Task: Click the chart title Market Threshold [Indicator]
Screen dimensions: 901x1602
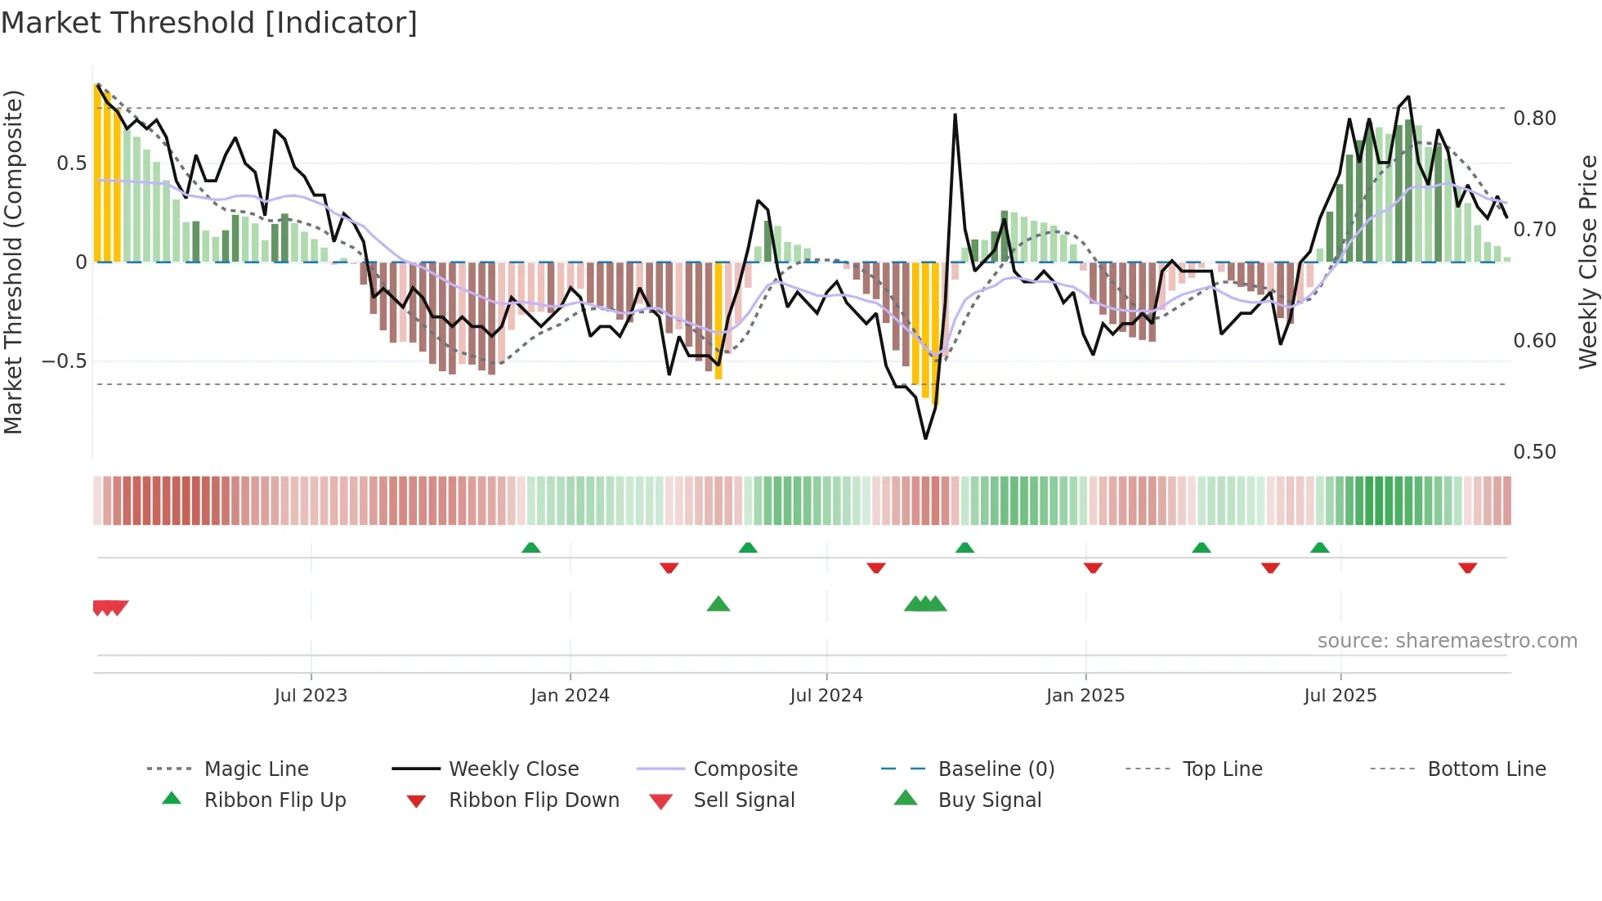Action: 209,23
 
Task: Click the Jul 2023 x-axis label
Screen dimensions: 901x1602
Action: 311,696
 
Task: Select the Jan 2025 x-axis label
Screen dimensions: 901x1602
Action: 1085,696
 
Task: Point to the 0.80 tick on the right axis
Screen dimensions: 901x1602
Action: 1534,119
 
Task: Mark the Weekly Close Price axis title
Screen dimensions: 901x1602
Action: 1587,262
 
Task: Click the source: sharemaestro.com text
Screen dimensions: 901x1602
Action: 1447,641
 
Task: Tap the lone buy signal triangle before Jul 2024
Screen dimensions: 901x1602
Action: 718,605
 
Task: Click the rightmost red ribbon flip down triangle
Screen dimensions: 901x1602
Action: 1467,567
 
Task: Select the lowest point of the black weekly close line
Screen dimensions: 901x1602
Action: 925,438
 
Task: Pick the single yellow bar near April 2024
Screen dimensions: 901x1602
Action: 718,321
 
